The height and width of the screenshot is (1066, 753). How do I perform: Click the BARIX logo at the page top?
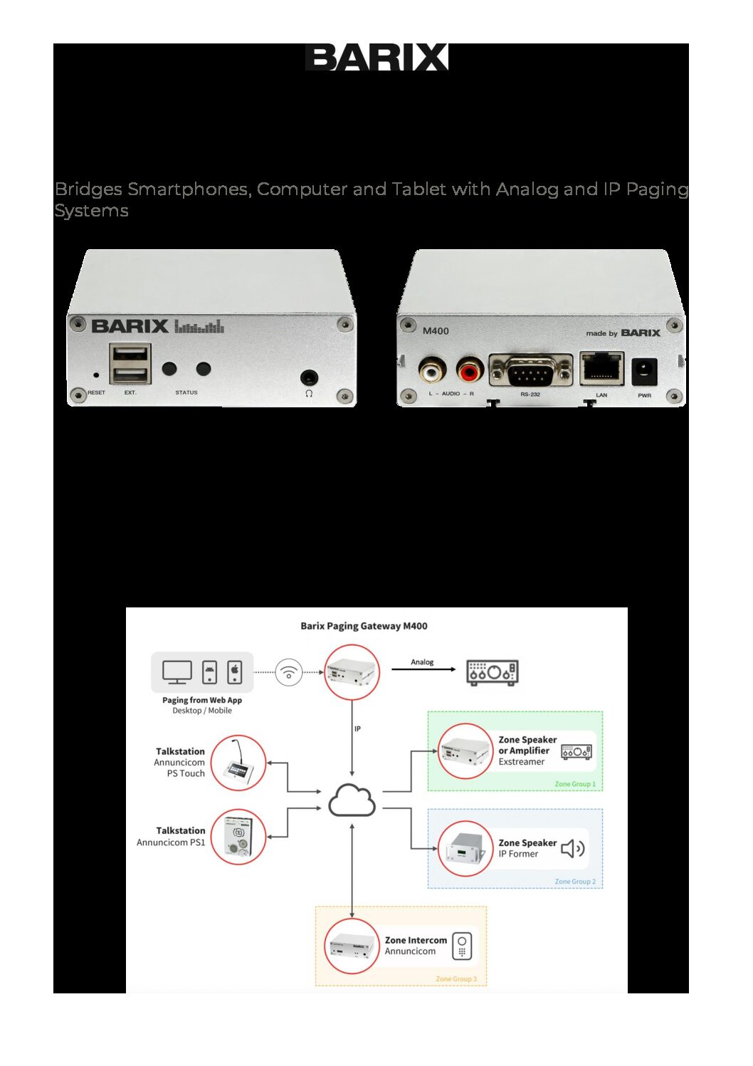pos(376,57)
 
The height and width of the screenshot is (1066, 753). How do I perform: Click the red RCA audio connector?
pos(469,371)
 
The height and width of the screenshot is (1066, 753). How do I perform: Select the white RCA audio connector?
pos(431,371)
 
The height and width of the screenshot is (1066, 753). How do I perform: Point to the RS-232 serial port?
pos(530,371)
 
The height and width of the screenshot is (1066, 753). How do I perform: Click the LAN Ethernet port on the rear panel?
pos(601,369)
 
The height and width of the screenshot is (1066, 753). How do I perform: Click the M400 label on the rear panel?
pos(436,330)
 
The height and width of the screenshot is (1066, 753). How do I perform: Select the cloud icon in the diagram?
pos(352,800)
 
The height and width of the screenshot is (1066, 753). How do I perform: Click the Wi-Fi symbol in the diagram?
pos(288,672)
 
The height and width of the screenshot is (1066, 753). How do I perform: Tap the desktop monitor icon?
pos(177,672)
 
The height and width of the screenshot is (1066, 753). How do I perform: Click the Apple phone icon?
pos(235,672)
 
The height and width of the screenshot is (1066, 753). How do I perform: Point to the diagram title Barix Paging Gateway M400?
pos(364,627)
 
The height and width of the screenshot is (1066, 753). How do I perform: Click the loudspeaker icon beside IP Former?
pos(573,848)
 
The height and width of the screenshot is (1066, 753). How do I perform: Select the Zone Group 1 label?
pos(575,784)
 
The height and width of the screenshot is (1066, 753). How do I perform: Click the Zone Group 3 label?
pos(456,979)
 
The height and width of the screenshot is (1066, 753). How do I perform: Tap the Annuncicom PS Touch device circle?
pos(238,763)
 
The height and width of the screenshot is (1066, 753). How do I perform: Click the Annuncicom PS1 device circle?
pos(238,837)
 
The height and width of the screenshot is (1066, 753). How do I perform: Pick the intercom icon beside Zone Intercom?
pos(462,946)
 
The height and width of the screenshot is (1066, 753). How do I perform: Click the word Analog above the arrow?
pos(422,662)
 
